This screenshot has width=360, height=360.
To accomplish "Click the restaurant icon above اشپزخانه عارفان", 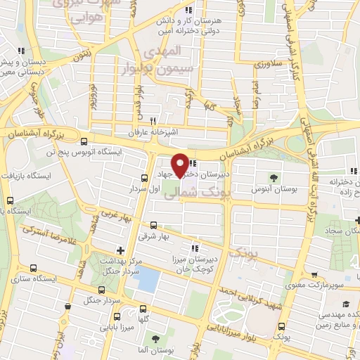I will (x=153, y=120).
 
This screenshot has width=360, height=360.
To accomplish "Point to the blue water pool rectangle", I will (x=146, y=279).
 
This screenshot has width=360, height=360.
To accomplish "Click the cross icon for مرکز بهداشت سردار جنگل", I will (x=120, y=250).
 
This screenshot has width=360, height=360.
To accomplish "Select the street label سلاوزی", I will (x=267, y=64).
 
